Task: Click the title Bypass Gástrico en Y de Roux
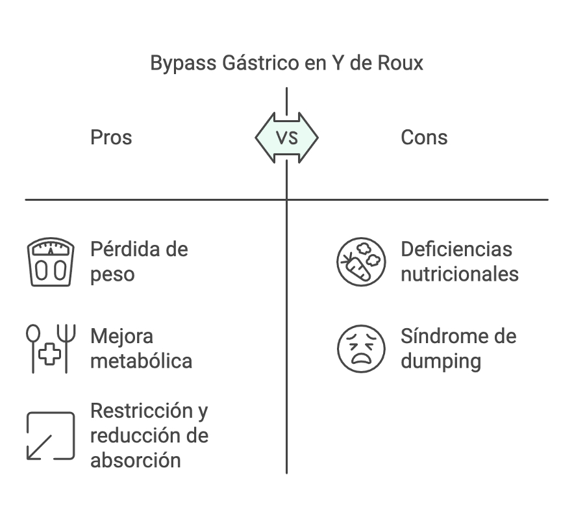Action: (x=286, y=63)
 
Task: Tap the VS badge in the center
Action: (x=286, y=138)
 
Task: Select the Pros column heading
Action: (x=111, y=138)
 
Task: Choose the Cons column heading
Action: (x=424, y=138)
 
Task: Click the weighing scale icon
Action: (x=51, y=262)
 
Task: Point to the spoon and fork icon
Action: (x=51, y=348)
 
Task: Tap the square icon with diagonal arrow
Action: (x=51, y=435)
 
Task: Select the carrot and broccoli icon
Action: (x=361, y=262)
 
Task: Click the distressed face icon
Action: (x=361, y=348)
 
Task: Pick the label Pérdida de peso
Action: (x=139, y=261)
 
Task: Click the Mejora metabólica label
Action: (x=141, y=348)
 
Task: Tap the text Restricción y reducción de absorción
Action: (x=149, y=435)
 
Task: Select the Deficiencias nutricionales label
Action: (x=460, y=261)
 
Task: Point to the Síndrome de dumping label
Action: (x=458, y=348)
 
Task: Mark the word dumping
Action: (x=441, y=361)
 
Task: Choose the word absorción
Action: (x=135, y=460)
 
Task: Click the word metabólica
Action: (x=141, y=361)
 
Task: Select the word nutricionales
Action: (x=460, y=274)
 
